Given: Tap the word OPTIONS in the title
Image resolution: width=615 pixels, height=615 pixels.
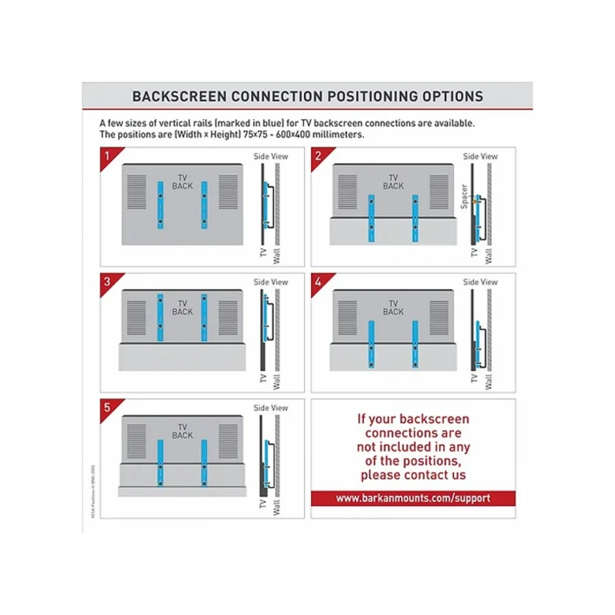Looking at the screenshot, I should point(449,97).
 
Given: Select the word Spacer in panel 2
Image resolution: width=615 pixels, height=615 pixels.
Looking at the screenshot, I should point(464,195).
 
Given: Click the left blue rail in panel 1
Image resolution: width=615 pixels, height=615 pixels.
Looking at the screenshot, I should point(160,205).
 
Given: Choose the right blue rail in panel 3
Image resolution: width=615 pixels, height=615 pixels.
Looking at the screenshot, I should point(204,315).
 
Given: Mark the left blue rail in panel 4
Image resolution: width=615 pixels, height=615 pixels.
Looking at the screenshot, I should point(371,344).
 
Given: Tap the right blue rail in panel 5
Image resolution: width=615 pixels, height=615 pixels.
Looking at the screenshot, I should point(204,460).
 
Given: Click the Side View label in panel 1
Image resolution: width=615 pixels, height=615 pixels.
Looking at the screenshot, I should point(271,156).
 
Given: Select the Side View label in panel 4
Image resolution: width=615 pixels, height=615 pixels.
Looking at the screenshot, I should point(481,282).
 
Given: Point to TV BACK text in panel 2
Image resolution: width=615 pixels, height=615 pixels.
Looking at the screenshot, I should point(393,182).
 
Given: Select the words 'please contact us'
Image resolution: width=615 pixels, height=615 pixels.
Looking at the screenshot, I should point(413,475).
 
